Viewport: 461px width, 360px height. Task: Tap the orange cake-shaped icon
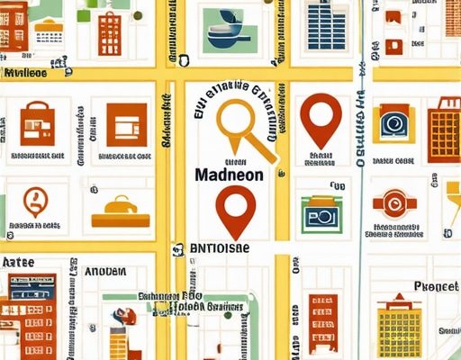[x=120, y=210]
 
